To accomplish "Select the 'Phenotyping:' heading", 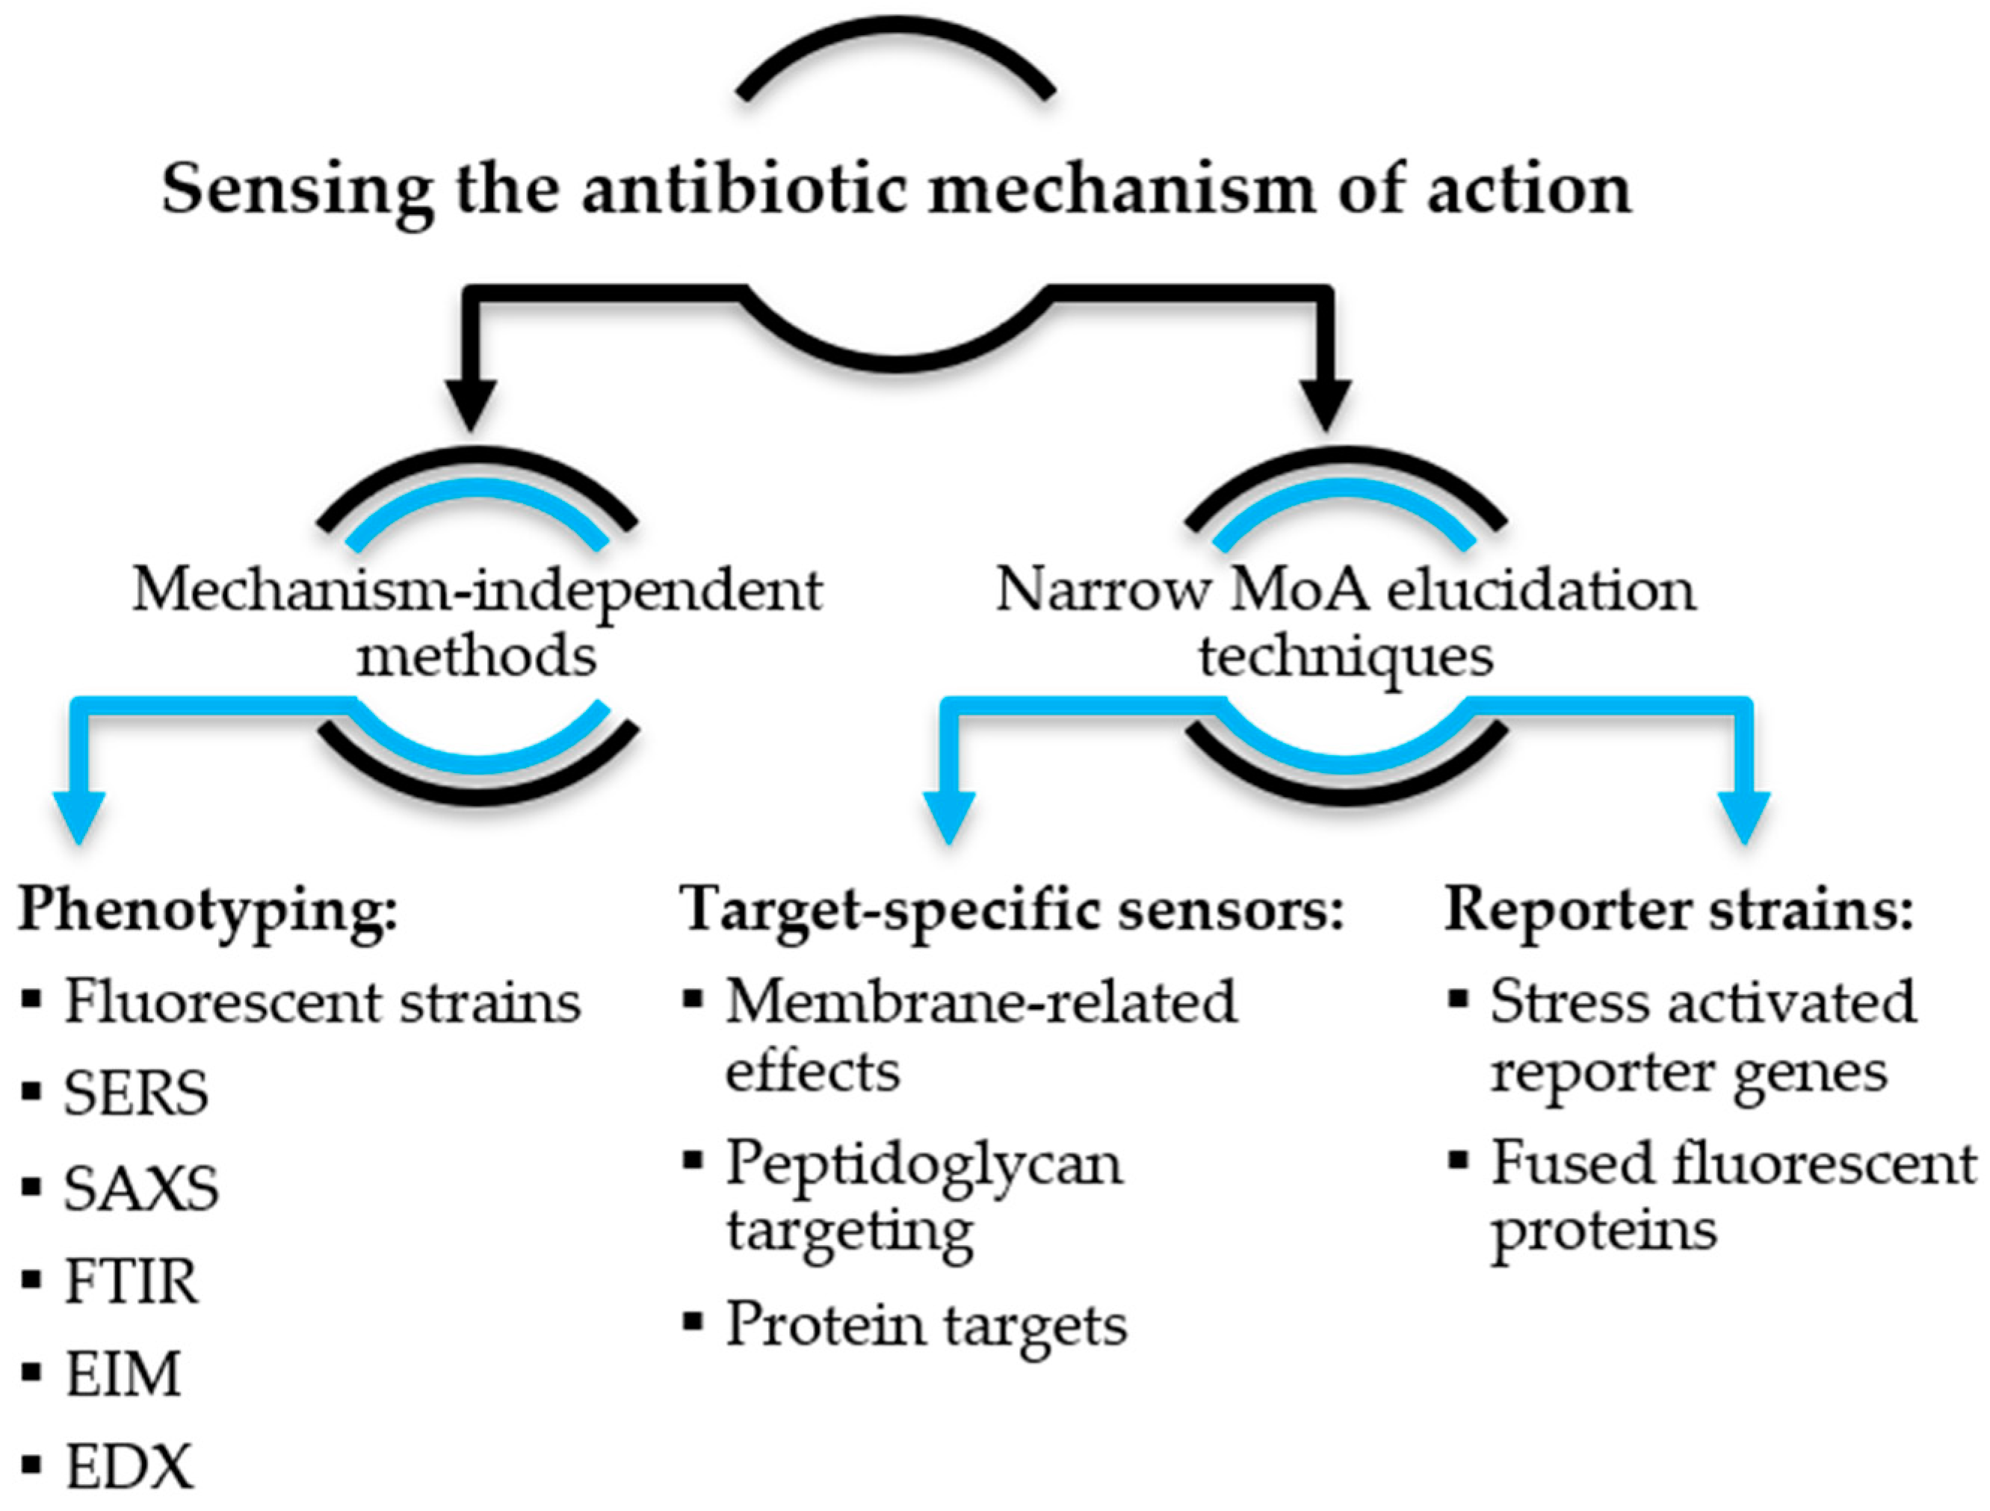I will pos(208,910).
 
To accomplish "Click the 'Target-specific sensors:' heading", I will pos(1011,910).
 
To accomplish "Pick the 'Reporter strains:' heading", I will pos(1678,910).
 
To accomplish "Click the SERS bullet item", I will pos(136,1094).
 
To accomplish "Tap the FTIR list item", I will pos(132,1282).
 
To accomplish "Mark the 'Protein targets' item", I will pos(926,1326).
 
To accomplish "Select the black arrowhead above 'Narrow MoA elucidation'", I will pos(1325,404).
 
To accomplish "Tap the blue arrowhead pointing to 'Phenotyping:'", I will pos(79,814).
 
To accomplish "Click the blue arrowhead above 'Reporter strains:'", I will pos(1743,814).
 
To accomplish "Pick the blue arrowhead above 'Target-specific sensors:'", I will pos(949,814).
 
